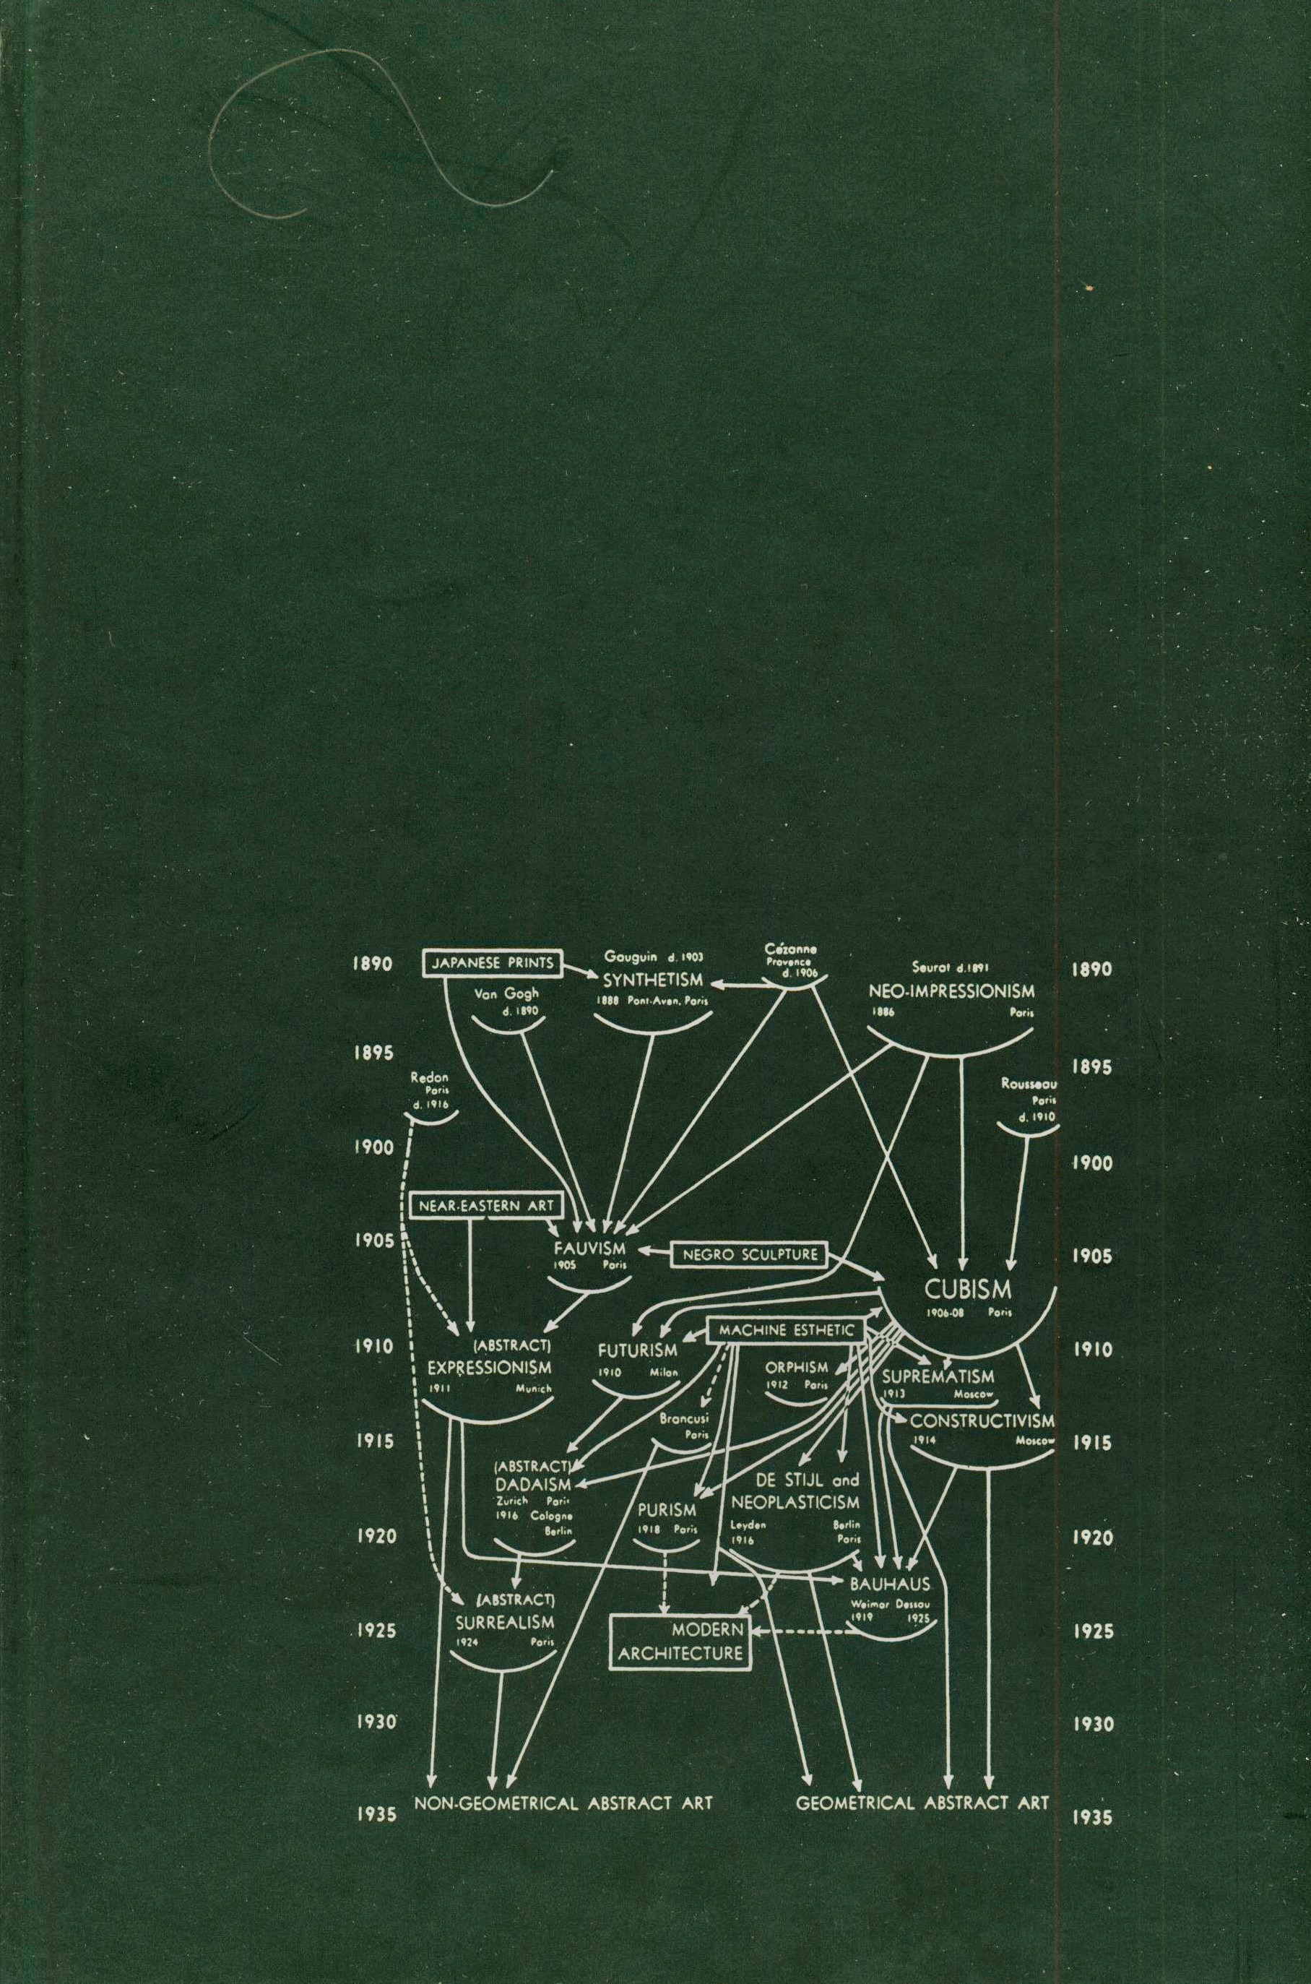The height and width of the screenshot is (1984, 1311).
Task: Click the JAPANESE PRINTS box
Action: [x=492, y=962]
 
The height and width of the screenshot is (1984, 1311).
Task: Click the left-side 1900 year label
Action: [x=373, y=1148]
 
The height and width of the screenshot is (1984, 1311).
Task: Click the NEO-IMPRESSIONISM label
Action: [x=951, y=991]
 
